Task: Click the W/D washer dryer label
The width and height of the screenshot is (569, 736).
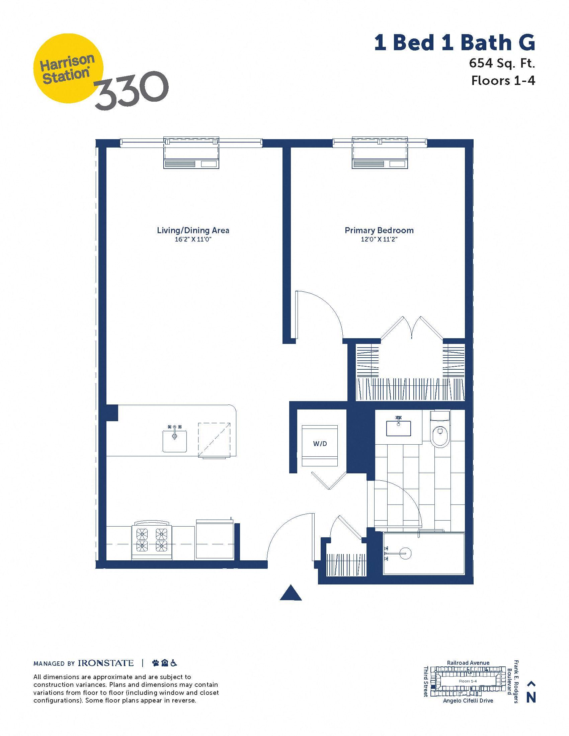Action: (320, 444)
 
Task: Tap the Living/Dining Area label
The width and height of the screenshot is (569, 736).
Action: (193, 231)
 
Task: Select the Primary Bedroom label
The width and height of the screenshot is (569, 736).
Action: (379, 231)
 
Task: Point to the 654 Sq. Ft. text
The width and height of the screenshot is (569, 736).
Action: (502, 63)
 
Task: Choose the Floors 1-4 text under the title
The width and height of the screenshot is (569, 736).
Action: (503, 81)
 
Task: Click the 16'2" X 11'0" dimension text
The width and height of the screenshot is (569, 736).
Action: (193, 240)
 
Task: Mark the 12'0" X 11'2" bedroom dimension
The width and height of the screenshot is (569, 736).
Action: (379, 240)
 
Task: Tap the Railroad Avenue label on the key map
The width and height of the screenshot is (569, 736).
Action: (468, 662)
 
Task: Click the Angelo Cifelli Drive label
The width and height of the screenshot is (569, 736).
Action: (468, 701)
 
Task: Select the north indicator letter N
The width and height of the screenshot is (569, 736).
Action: (531, 698)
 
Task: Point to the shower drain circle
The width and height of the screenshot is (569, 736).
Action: (405, 553)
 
